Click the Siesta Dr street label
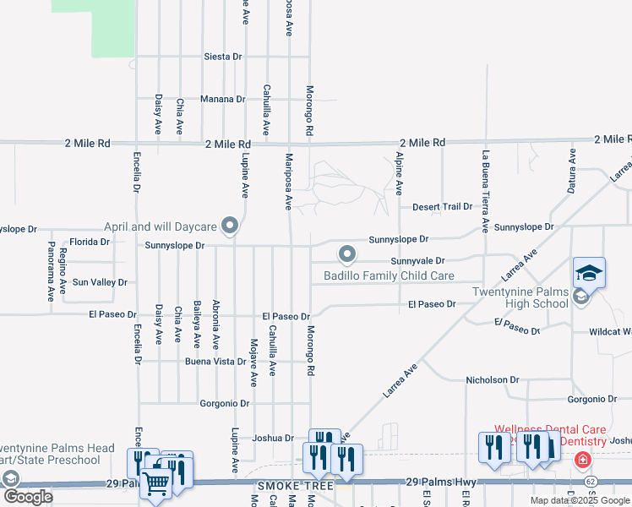(223, 57)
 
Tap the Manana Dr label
(222, 99)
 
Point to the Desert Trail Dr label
(441, 207)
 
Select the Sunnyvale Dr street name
(417, 261)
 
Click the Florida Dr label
(90, 242)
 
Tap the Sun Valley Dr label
(100, 282)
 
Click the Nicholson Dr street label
(491, 381)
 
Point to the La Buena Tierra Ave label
(486, 191)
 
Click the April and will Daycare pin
(229, 226)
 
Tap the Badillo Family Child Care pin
(346, 253)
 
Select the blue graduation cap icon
(589, 272)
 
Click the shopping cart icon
(155, 482)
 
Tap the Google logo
(28, 497)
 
